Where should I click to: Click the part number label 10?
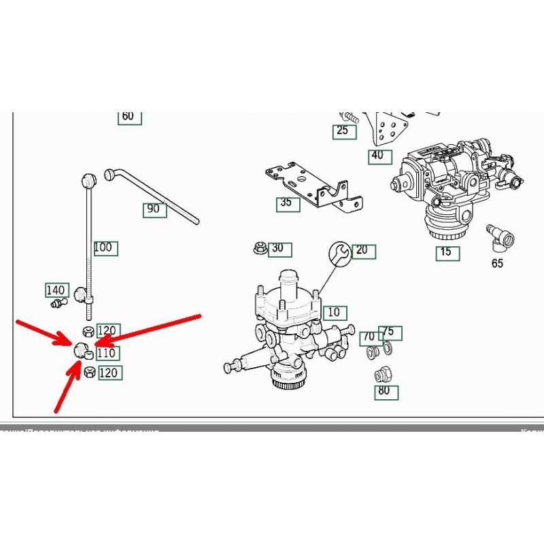(x=333, y=312)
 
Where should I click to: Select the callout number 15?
(x=446, y=253)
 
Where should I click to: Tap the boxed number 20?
(x=361, y=250)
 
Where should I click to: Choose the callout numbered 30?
(x=277, y=248)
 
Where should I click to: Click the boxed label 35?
(x=287, y=203)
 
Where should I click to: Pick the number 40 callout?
(x=378, y=155)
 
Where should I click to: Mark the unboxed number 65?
(x=497, y=263)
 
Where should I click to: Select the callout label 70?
(x=368, y=336)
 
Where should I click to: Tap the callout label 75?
(x=390, y=333)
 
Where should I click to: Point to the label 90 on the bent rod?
(x=154, y=209)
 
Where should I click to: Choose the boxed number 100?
(x=105, y=248)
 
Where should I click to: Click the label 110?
(x=107, y=353)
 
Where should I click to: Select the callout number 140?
(x=55, y=290)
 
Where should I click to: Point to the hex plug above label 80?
(x=381, y=373)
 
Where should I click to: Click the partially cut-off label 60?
(x=128, y=116)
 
